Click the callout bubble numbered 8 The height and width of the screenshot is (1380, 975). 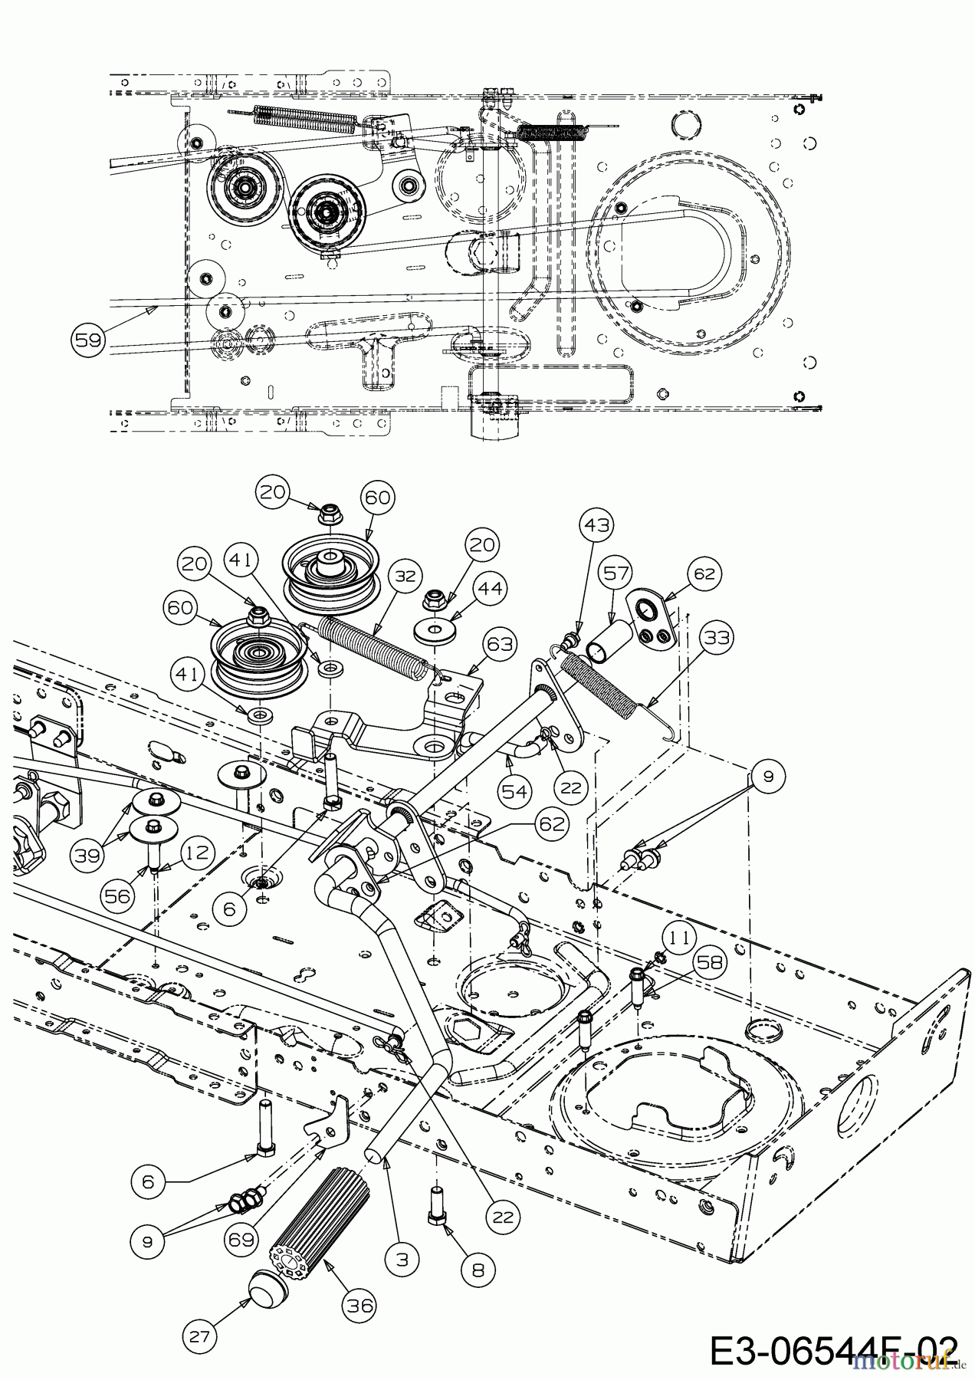coord(478,1269)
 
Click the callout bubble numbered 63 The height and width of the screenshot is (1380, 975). coord(500,644)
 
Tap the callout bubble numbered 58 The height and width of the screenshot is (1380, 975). coord(710,962)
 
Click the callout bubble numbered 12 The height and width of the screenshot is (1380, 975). coord(198,851)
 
